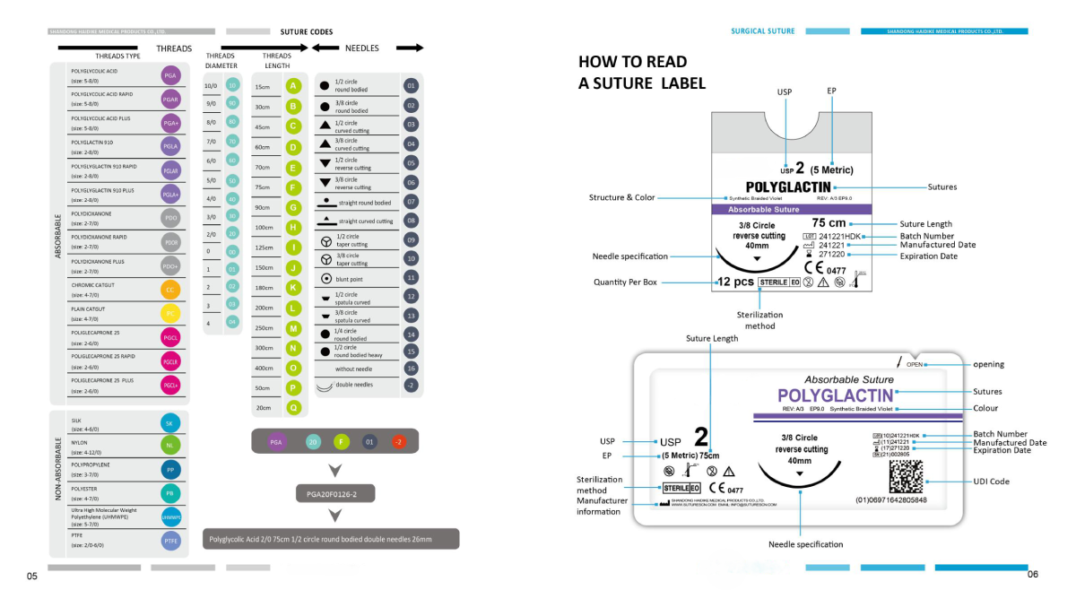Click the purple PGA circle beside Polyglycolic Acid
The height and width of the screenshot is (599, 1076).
click(x=170, y=75)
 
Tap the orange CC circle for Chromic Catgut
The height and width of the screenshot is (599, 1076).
click(x=170, y=290)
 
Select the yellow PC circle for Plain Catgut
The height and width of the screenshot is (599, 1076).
click(x=170, y=313)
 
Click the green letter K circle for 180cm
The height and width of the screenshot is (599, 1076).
click(x=293, y=287)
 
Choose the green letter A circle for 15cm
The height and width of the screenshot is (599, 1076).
click(x=293, y=86)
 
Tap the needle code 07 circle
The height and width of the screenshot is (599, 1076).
click(x=412, y=203)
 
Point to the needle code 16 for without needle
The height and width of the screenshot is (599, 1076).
click(x=412, y=368)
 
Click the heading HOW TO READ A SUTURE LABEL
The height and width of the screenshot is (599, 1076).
click(x=642, y=73)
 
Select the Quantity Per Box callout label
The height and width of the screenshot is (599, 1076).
click(x=625, y=282)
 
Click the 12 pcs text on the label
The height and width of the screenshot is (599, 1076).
click(x=735, y=282)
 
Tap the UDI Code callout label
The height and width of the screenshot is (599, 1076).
click(x=991, y=482)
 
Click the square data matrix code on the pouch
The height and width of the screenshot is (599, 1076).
click(x=906, y=476)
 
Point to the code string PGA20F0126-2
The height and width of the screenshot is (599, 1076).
click(x=333, y=494)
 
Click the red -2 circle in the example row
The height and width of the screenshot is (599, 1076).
click(x=398, y=441)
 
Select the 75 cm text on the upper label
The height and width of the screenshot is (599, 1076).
click(x=829, y=223)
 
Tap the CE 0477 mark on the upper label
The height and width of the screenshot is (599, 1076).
click(x=825, y=267)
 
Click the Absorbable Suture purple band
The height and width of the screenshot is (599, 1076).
click(x=785, y=209)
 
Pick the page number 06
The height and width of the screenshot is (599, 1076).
click(x=1032, y=574)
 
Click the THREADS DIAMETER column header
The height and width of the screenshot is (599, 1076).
click(x=221, y=61)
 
